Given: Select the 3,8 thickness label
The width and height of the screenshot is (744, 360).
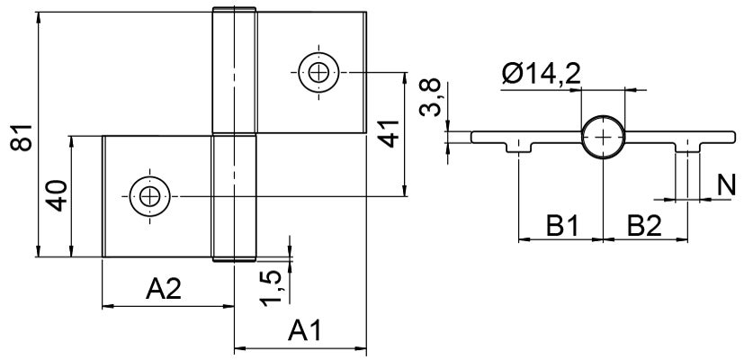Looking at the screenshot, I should pos(432,97).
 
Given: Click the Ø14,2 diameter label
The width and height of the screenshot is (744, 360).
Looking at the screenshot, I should pos(541,74).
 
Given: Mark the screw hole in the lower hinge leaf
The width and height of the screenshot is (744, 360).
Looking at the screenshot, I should pos(148,195).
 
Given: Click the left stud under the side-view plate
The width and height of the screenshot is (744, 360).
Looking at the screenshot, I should pos(520,147).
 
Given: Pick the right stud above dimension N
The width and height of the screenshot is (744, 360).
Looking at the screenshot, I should pos(686,147).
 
